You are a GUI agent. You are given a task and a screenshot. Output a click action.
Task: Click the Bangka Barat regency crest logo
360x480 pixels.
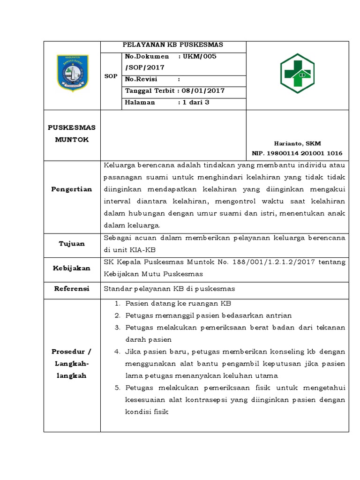click(72, 73)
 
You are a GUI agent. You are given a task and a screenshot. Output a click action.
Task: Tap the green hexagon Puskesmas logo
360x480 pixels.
click(298, 73)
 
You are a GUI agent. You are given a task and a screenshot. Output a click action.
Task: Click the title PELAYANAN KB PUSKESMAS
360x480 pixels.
click(172, 45)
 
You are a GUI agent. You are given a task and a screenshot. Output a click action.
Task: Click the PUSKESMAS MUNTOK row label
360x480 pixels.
click(72, 134)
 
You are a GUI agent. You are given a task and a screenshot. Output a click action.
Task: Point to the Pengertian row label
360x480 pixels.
click(72, 189)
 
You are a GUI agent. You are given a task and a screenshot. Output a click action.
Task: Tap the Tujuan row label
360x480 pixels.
click(72, 244)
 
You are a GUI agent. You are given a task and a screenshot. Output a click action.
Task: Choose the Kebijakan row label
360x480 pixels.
click(72, 268)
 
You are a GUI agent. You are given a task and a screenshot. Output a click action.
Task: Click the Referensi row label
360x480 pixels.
click(72, 289)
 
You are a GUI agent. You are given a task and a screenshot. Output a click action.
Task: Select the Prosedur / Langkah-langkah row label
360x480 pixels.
click(72, 364)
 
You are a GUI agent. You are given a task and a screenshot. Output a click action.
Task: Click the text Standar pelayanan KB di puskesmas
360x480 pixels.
click(169, 289)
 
